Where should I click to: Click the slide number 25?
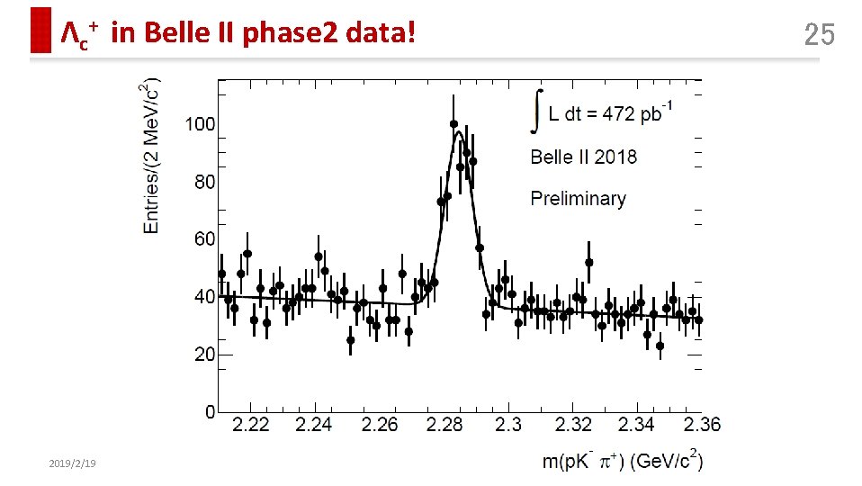click(819, 35)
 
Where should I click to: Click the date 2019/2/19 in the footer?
click(72, 463)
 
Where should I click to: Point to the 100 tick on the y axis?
click(201, 123)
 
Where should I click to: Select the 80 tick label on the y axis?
click(205, 181)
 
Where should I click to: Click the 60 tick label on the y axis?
click(205, 238)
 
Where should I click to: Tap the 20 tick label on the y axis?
click(205, 355)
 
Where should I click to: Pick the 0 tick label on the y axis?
click(211, 412)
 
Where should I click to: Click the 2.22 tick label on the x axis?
click(250, 425)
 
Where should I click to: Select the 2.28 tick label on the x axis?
click(444, 425)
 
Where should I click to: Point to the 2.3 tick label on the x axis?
click(509, 425)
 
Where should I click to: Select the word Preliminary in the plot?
click(578, 198)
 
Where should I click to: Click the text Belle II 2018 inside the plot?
click(583, 157)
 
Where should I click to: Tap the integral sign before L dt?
click(537, 111)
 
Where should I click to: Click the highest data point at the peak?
click(453, 124)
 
